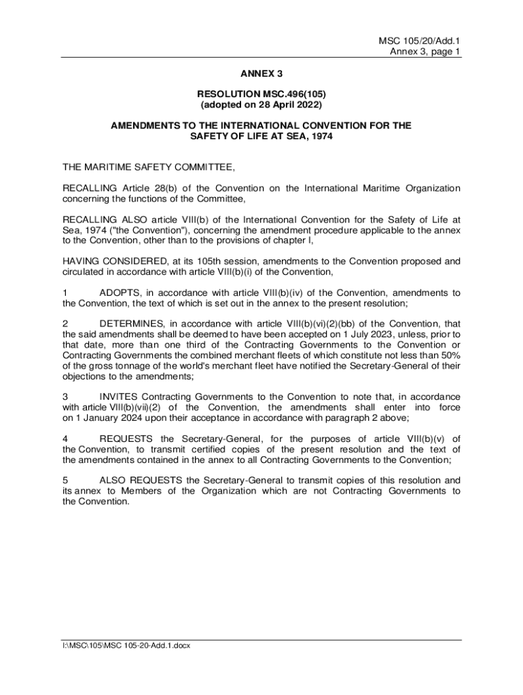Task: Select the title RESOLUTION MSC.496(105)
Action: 261,94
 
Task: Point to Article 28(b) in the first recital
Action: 150,188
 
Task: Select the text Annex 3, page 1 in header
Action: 425,52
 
